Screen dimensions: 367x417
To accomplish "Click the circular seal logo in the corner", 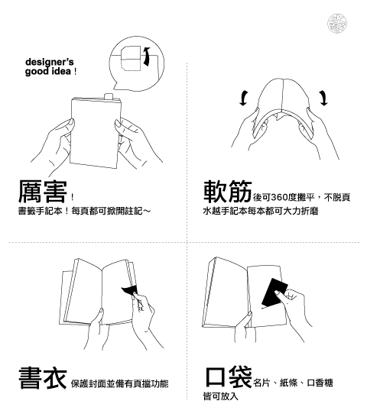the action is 337,24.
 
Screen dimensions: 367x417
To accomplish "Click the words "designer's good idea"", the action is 49,66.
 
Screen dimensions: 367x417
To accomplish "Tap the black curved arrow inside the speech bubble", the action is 146,57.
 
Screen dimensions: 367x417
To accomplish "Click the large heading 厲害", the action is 43,191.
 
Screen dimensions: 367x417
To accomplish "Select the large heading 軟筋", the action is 228,191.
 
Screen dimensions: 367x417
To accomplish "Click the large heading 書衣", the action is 43,377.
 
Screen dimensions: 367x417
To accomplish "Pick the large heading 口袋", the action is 229,377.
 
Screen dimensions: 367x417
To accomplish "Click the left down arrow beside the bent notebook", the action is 243,98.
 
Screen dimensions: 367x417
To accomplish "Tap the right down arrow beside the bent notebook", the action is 323,98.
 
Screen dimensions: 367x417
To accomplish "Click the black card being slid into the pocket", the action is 274,293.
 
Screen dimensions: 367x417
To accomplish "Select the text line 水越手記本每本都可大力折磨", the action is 261,211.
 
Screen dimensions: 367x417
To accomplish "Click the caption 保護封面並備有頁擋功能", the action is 119,383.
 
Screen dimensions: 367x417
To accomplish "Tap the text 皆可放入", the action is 220,396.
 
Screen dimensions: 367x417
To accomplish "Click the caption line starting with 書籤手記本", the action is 84,211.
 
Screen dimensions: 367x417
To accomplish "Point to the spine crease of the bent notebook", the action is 283,95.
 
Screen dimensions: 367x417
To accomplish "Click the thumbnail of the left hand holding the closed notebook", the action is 72,122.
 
